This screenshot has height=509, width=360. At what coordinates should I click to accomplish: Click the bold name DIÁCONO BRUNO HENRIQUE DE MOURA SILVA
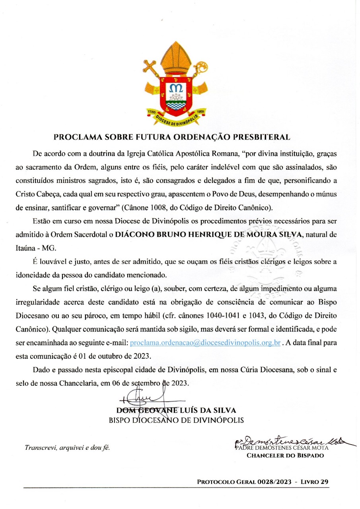coord(208,235)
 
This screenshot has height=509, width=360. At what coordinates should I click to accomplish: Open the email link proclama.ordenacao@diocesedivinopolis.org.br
coord(206,342)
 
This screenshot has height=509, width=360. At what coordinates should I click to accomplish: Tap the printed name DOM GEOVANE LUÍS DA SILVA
coord(176,410)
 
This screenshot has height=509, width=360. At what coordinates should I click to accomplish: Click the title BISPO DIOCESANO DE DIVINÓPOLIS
coord(176,420)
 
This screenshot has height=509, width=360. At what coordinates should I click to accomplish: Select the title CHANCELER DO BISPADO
coord(285,455)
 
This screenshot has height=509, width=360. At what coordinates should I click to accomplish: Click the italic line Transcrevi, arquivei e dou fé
coord(67,447)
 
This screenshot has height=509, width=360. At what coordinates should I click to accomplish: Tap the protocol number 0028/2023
coord(268,482)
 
